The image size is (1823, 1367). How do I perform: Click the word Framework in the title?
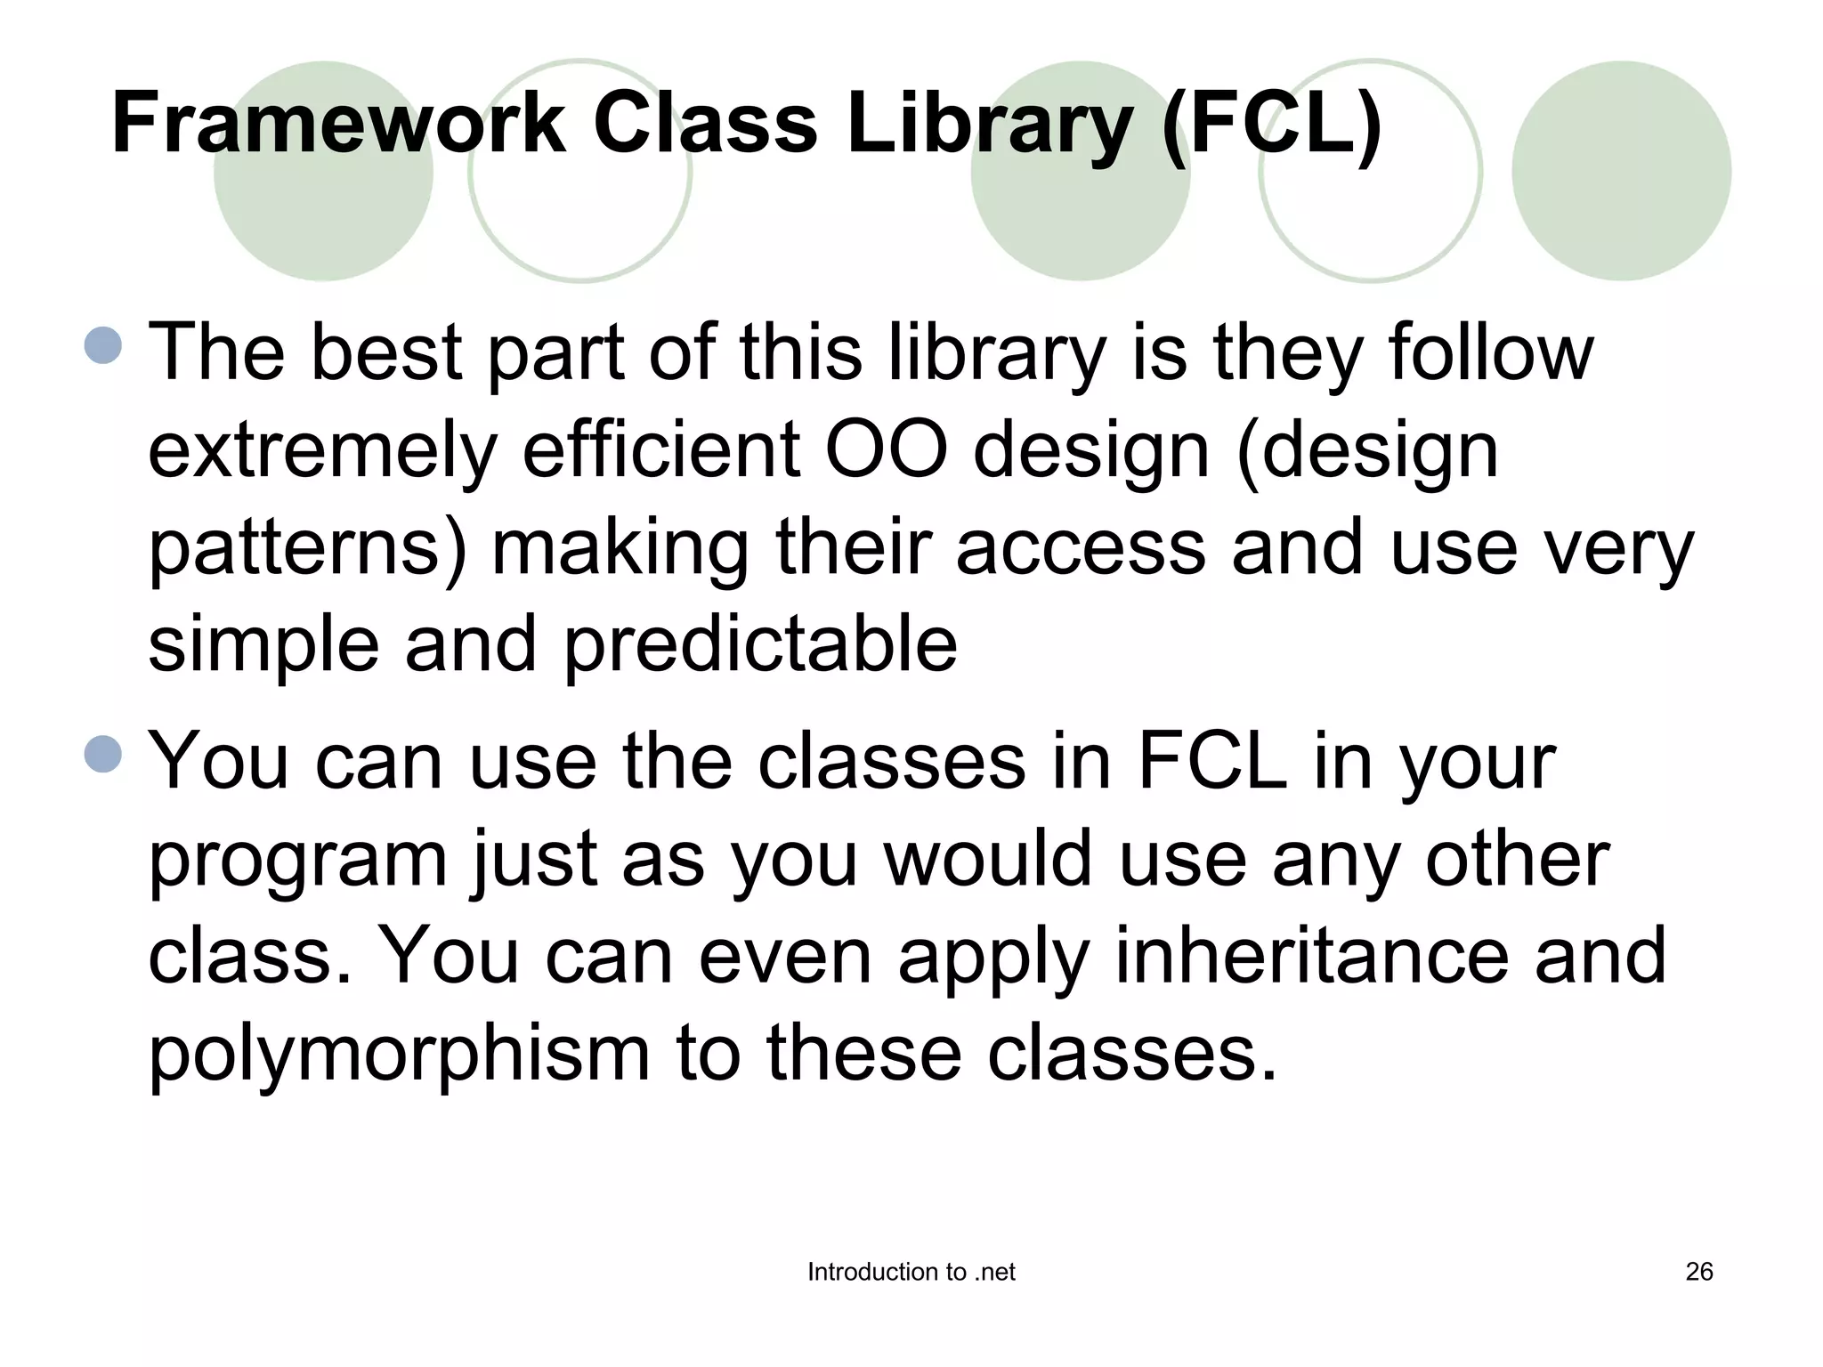click(338, 124)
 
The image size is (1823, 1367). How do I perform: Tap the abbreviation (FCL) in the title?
click(1272, 124)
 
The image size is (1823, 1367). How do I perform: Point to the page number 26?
click(1698, 1272)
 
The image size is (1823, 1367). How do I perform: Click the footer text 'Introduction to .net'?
click(911, 1272)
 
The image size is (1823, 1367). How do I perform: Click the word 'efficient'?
click(660, 449)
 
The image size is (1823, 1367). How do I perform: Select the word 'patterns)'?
click(307, 549)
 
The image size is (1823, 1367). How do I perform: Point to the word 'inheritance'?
click(1311, 956)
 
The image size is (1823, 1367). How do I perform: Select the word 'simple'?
click(263, 645)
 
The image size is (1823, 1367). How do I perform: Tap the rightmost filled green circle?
click(1621, 171)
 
